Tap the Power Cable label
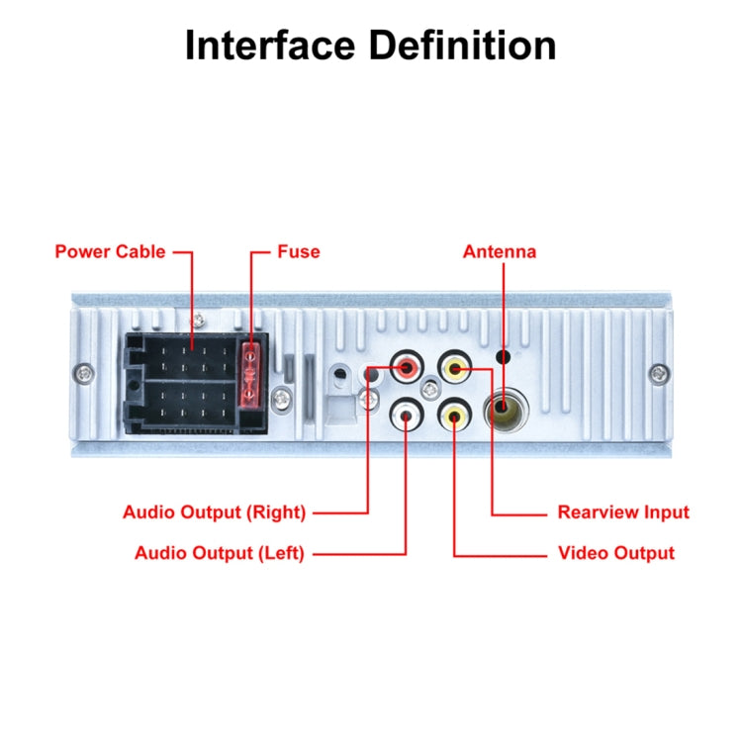(x=110, y=251)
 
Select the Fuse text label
(x=298, y=251)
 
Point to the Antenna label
(x=500, y=251)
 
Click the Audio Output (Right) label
(x=214, y=512)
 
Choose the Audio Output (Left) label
(x=219, y=553)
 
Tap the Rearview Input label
(x=623, y=512)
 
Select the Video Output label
(x=615, y=553)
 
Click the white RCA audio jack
(x=407, y=414)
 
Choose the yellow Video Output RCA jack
(x=454, y=414)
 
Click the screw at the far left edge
(x=84, y=373)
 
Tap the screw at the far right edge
(x=658, y=373)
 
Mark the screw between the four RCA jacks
(x=430, y=392)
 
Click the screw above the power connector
(x=199, y=319)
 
